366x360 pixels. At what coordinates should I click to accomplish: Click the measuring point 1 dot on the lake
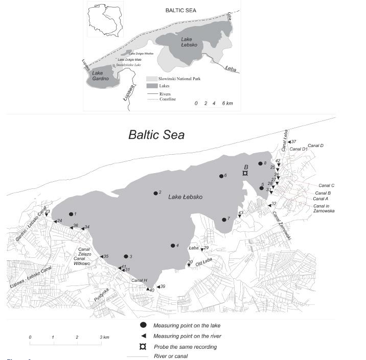tap(71, 214)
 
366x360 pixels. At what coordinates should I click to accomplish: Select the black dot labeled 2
tap(155, 193)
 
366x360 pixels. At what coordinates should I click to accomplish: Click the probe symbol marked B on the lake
tap(245, 174)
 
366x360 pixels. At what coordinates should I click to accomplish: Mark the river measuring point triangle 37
tap(288, 142)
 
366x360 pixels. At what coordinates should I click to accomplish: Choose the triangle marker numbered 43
tap(239, 215)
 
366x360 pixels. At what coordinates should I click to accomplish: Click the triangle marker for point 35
tap(101, 256)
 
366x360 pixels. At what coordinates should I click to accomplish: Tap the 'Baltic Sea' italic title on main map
tap(156, 135)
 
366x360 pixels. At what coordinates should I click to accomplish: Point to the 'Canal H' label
tap(139, 280)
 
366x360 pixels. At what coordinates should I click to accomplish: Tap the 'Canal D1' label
tap(298, 149)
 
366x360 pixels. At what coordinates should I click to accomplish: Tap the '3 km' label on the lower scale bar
tap(104, 338)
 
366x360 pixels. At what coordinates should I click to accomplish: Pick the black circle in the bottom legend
tap(144, 325)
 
